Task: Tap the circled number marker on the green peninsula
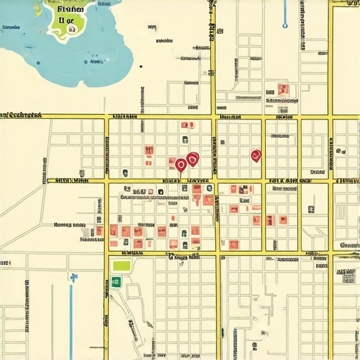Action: tap(72, 30)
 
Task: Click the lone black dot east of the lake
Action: tap(141, 67)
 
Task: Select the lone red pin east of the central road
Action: tap(255, 155)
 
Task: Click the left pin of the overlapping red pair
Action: tap(181, 165)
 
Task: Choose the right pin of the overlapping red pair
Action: tap(193, 160)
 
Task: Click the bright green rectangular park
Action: tap(122, 266)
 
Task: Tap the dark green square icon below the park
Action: tap(116, 282)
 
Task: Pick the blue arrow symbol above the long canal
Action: tap(73, 277)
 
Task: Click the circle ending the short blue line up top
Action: tap(285, 25)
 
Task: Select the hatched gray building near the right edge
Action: tap(348, 277)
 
